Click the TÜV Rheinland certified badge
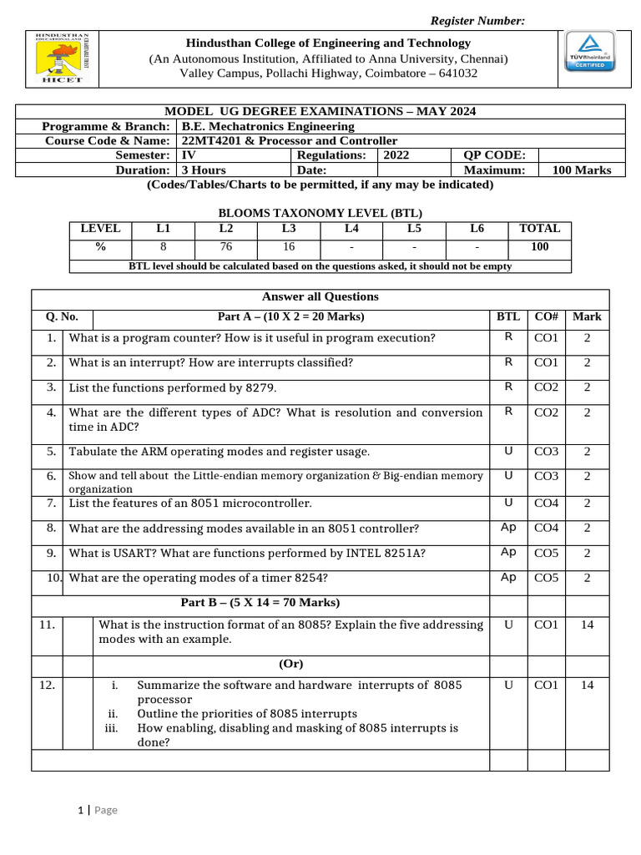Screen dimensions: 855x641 pos(591,52)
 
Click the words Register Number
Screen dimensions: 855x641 pos(477,21)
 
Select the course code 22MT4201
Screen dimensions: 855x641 pos(208,140)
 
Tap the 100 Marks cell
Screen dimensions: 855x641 pos(582,169)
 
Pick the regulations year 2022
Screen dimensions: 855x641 pos(396,154)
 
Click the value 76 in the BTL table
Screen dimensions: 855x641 pos(226,246)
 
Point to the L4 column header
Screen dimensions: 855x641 pos(351,228)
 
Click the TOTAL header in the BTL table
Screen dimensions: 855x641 pos(539,228)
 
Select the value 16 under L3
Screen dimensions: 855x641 pos(289,246)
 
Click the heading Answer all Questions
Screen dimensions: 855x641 pos(320,296)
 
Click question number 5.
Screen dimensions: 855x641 pos(52,451)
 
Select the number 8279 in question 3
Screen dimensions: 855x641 pos(260,387)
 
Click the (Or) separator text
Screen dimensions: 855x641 pos(290,664)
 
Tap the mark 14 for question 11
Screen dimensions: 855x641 pos(587,625)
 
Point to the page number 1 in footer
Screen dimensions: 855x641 pos(81,810)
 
